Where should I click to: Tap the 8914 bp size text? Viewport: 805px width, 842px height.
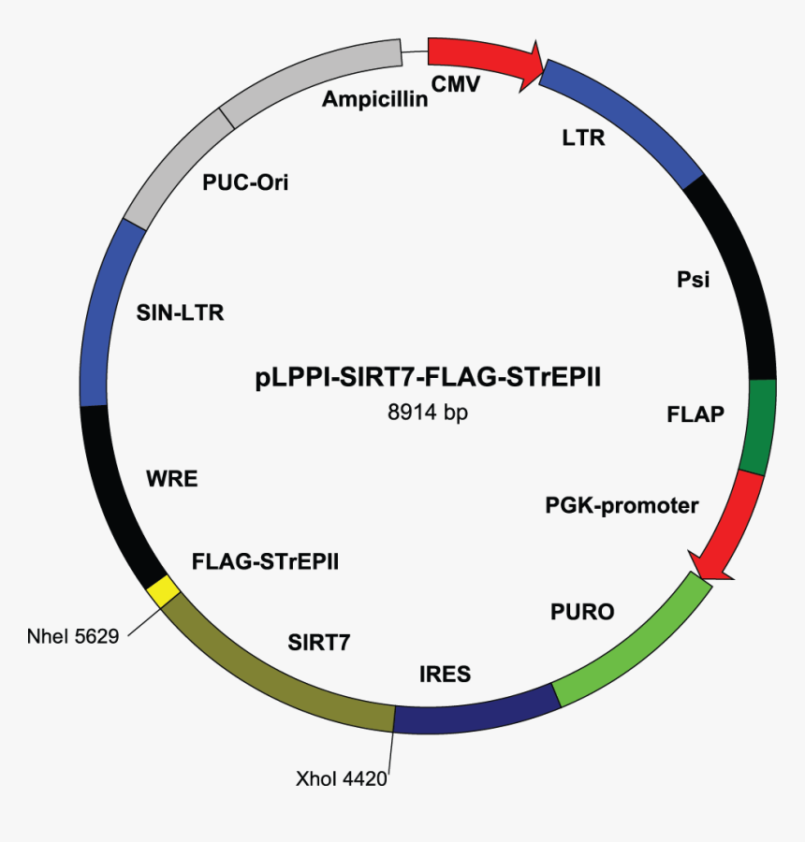[428, 412]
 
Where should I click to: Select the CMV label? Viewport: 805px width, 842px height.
[455, 85]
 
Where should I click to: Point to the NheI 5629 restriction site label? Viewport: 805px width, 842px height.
[73, 638]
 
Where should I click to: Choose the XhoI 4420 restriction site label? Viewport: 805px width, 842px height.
[342, 777]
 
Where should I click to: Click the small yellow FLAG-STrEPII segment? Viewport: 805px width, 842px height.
[163, 591]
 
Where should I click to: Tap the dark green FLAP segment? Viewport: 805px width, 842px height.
[759, 427]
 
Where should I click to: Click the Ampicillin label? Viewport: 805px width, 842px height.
[374, 99]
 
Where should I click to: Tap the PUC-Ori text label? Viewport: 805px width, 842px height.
[245, 182]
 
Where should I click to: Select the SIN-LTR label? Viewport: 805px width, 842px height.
[180, 312]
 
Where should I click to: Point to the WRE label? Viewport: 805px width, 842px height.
[171, 480]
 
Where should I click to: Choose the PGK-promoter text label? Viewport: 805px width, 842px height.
[622, 506]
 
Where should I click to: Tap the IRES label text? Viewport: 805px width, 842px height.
[445, 674]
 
